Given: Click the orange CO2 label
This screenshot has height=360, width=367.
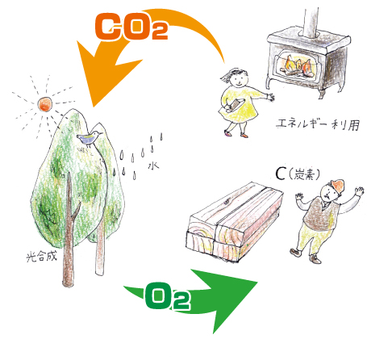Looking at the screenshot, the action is (x=131, y=27).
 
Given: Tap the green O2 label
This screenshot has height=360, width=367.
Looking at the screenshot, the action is (x=168, y=296).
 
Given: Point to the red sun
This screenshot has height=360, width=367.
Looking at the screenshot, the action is (x=44, y=104).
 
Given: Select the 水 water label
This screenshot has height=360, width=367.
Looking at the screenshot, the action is (x=153, y=165).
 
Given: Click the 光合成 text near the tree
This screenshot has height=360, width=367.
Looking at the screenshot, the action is (x=42, y=257).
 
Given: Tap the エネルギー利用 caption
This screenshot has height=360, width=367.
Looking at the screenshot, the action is (x=318, y=124).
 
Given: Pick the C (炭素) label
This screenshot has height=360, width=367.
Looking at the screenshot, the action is (x=298, y=174).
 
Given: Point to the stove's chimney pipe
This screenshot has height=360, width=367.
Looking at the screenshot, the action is (x=311, y=22).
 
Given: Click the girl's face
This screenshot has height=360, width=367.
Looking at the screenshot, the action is (x=238, y=79).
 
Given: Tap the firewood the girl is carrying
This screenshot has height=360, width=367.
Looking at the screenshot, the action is (x=235, y=105).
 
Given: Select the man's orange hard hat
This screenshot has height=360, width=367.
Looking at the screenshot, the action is (x=337, y=186).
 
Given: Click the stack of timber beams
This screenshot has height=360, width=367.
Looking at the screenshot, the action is (x=235, y=222).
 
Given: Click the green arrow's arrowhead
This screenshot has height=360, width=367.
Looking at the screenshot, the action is (x=228, y=299).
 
